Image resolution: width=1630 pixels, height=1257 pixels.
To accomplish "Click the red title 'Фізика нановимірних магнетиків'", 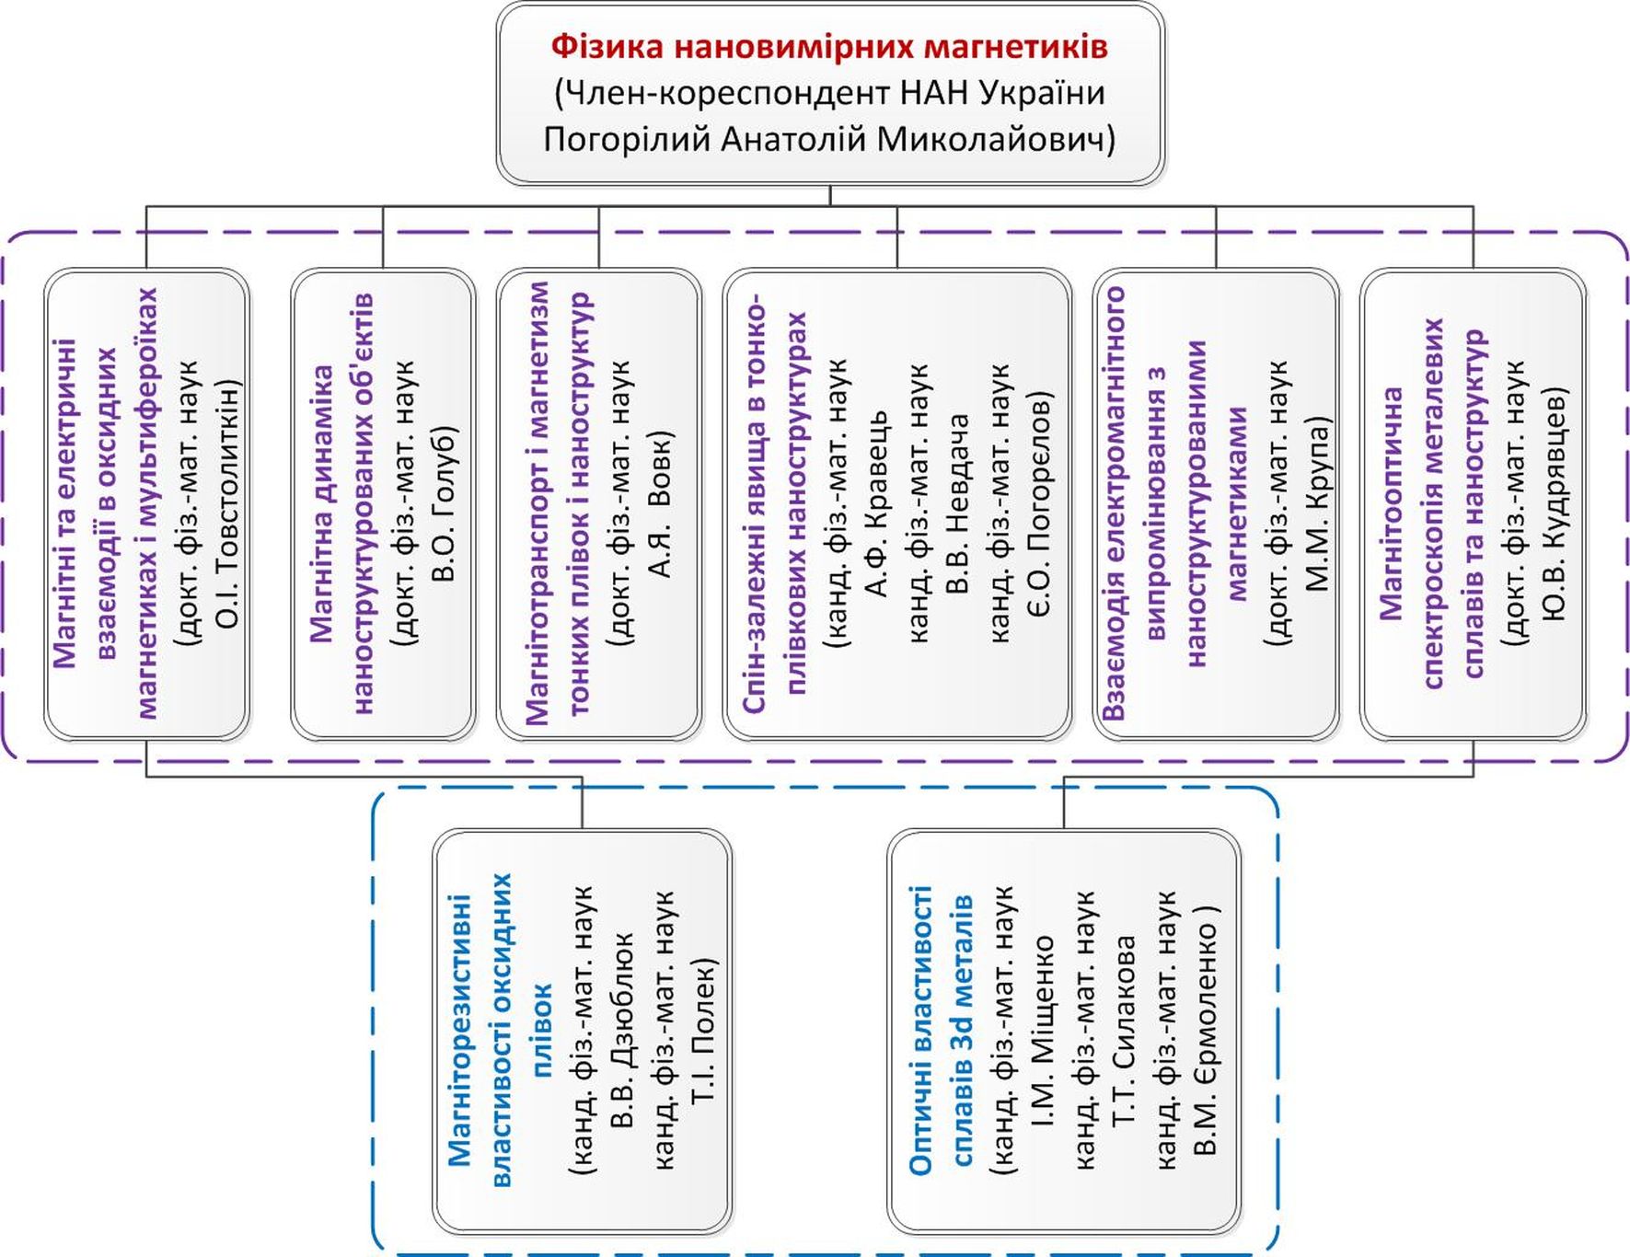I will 829,47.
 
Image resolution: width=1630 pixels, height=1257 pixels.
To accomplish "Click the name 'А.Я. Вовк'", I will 661,504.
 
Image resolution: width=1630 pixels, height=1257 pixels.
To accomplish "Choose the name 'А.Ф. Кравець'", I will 878,504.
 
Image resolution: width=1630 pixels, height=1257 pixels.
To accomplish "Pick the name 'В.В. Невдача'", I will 959,504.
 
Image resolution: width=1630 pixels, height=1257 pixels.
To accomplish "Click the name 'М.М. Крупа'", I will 1318,504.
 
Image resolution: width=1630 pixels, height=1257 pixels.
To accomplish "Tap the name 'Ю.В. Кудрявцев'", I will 1554,504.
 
